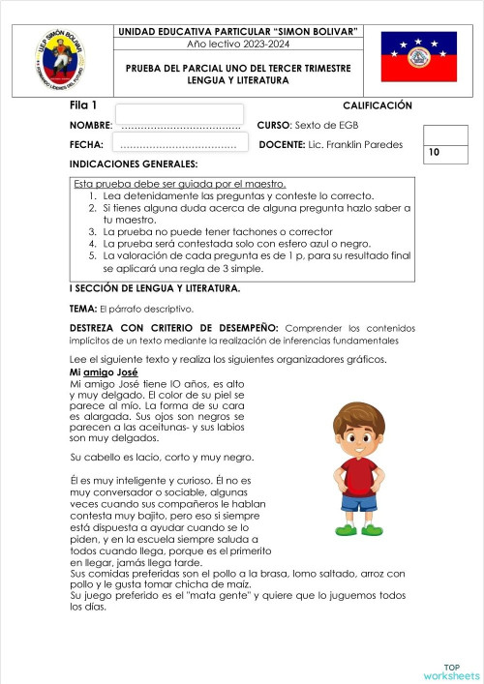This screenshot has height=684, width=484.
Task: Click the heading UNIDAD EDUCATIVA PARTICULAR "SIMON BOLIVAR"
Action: [x=237, y=32]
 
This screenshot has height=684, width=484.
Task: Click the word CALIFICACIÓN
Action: [x=377, y=105]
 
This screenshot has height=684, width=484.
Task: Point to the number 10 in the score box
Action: [x=433, y=152]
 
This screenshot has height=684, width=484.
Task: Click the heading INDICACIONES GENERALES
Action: [x=134, y=164]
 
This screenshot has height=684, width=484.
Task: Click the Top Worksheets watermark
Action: [x=450, y=671]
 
